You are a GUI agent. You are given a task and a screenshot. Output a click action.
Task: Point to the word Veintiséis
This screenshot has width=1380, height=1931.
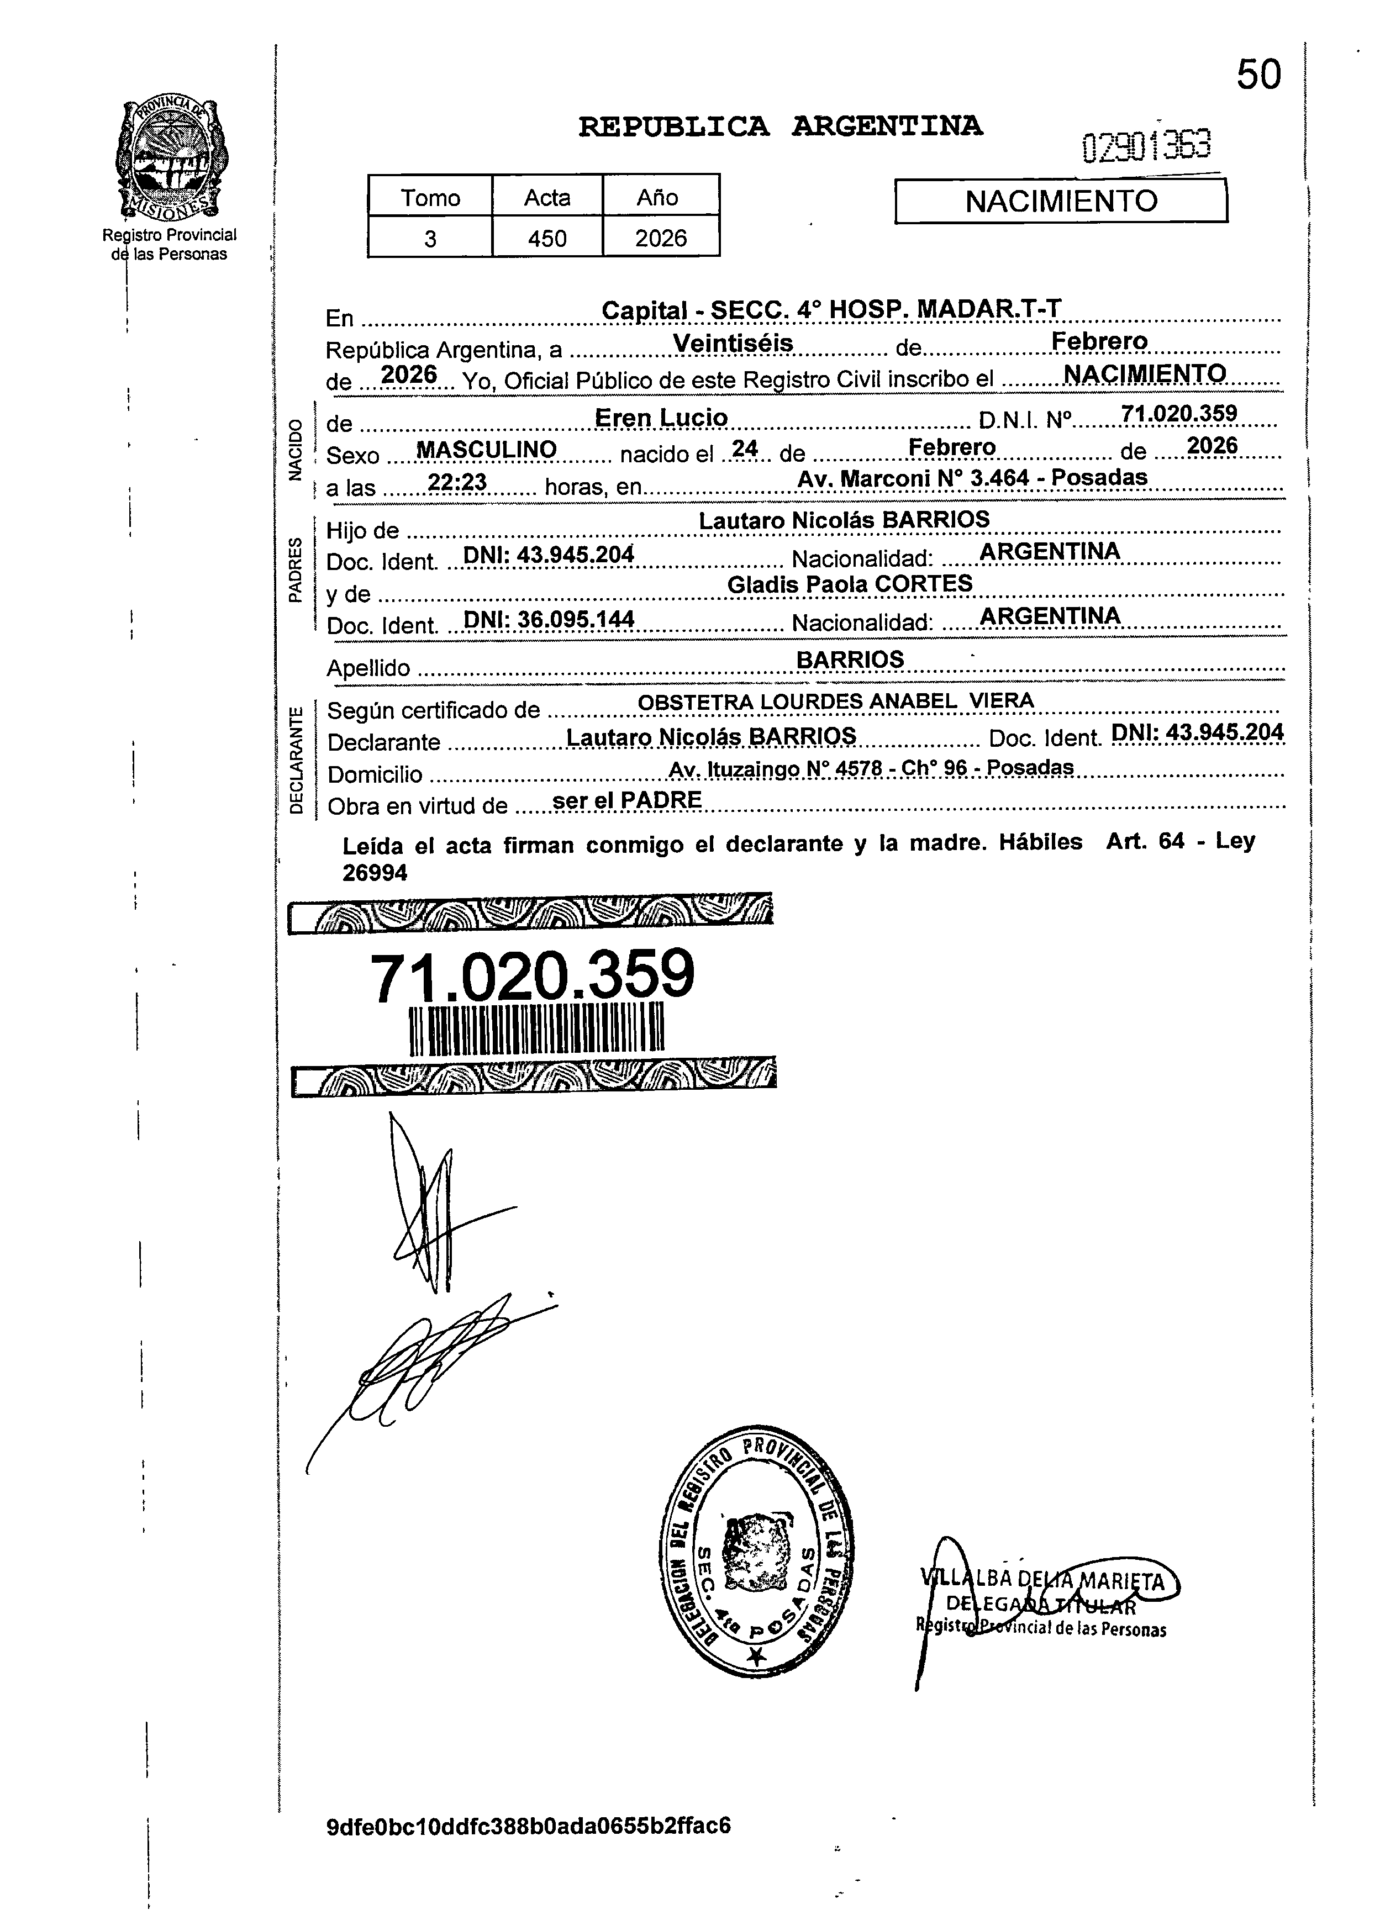click(733, 342)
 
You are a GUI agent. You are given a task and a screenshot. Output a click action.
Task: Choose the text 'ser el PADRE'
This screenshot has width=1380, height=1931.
click(626, 800)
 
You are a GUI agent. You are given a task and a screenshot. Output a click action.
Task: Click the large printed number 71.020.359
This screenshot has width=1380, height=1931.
click(532, 976)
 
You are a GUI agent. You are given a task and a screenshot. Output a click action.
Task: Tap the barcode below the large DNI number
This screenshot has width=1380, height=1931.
click(536, 1030)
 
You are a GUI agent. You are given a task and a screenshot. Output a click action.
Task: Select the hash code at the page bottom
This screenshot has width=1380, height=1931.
click(529, 1826)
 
